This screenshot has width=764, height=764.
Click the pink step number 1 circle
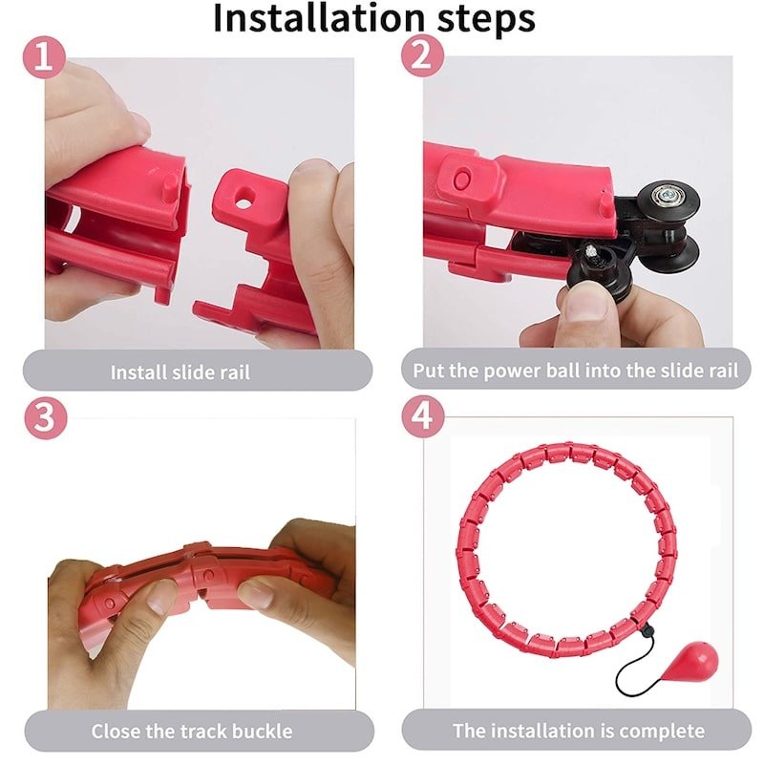click(x=43, y=58)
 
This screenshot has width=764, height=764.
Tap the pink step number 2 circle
click(x=422, y=58)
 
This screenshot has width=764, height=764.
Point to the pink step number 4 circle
click(x=422, y=418)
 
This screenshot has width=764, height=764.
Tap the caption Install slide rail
click(x=180, y=372)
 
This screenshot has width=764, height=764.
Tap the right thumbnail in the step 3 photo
click(x=256, y=594)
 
